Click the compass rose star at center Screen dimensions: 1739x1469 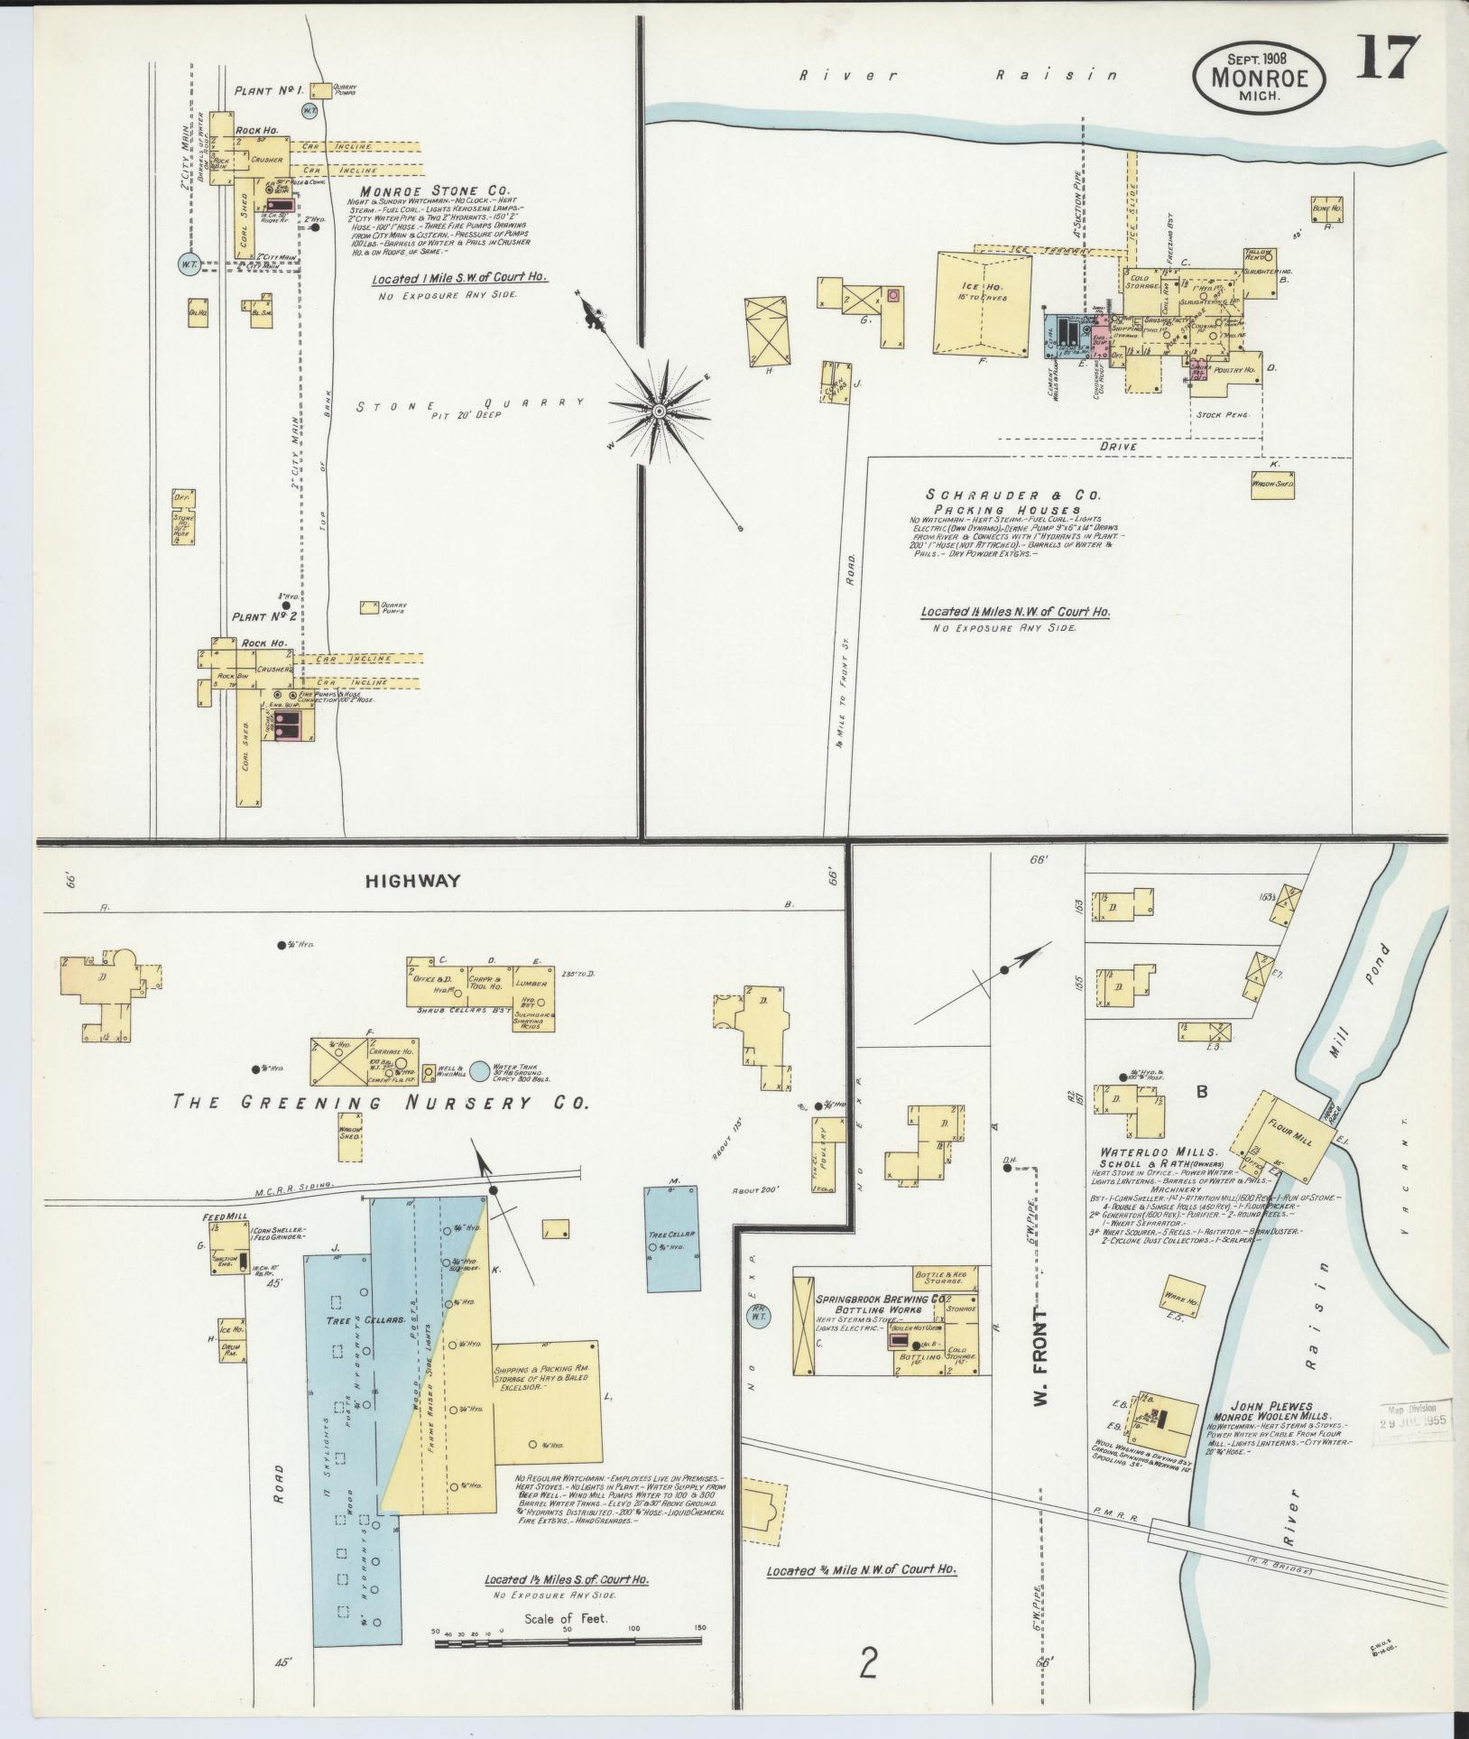(659, 411)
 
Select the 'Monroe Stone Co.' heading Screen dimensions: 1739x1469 (435, 191)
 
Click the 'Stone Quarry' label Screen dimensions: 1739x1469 (469, 405)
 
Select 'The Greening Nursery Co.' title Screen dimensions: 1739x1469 (381, 1102)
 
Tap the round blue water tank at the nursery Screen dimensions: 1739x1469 (481, 1070)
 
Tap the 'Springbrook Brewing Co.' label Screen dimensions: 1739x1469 (882, 1299)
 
